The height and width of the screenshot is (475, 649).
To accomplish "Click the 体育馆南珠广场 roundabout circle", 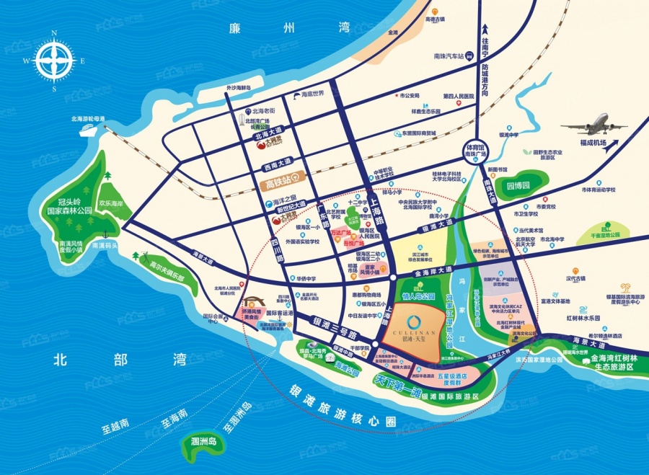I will (x=474, y=150).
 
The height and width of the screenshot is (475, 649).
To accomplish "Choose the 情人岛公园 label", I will (x=418, y=296).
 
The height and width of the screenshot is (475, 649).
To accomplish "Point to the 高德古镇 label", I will (x=436, y=19).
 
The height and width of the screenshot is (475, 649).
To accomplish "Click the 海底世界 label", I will (x=312, y=94).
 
